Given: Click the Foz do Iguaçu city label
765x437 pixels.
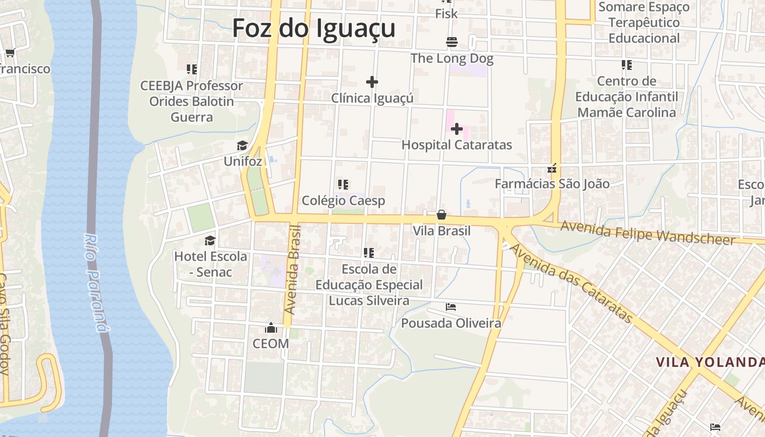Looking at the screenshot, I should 314,28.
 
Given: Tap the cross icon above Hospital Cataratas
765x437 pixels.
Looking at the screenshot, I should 457,129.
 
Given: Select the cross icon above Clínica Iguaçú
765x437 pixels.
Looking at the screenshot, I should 372,82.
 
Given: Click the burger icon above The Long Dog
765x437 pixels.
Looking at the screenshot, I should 452,42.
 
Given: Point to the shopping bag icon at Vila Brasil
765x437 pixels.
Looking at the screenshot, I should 442,215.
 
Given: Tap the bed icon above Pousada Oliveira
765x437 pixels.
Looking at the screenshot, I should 451,307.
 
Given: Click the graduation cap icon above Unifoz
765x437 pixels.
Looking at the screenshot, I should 243,145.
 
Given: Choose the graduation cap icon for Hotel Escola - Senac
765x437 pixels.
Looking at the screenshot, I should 210,240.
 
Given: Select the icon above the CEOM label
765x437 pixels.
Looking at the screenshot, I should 270,328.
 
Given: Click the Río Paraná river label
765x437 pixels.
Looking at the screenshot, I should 95,282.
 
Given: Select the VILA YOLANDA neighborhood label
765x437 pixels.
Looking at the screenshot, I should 709,362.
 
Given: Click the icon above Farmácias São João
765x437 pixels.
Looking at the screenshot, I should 552,168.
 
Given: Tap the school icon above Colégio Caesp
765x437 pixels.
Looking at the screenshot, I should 343,185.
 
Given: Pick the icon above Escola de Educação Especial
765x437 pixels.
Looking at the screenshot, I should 369,253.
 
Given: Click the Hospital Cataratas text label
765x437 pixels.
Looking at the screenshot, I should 457,145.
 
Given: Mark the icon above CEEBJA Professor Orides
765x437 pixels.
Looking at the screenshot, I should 192,69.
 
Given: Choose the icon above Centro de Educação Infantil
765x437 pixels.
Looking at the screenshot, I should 627,65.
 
